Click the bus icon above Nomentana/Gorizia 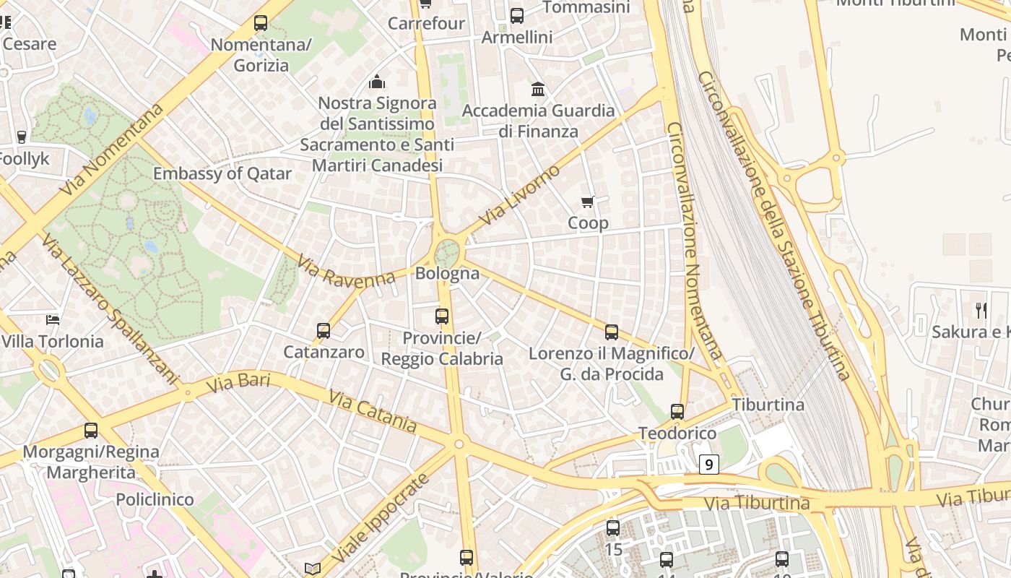click(x=261, y=23)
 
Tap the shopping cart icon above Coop click(x=588, y=202)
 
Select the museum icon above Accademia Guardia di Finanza click(x=538, y=89)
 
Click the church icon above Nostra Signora click(x=377, y=82)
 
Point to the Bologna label click(x=447, y=273)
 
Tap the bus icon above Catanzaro click(x=324, y=331)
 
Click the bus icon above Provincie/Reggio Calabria click(x=442, y=316)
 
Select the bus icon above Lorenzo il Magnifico click(x=612, y=332)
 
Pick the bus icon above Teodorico click(x=677, y=412)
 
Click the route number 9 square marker click(x=709, y=465)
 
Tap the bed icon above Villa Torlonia click(x=53, y=319)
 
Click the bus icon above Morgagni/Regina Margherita click(x=91, y=431)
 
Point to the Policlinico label click(x=155, y=499)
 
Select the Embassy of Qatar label click(x=222, y=173)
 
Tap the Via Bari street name click(x=238, y=382)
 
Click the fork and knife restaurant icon click(x=981, y=311)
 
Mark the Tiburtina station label click(x=768, y=405)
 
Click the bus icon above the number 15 click(x=613, y=528)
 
